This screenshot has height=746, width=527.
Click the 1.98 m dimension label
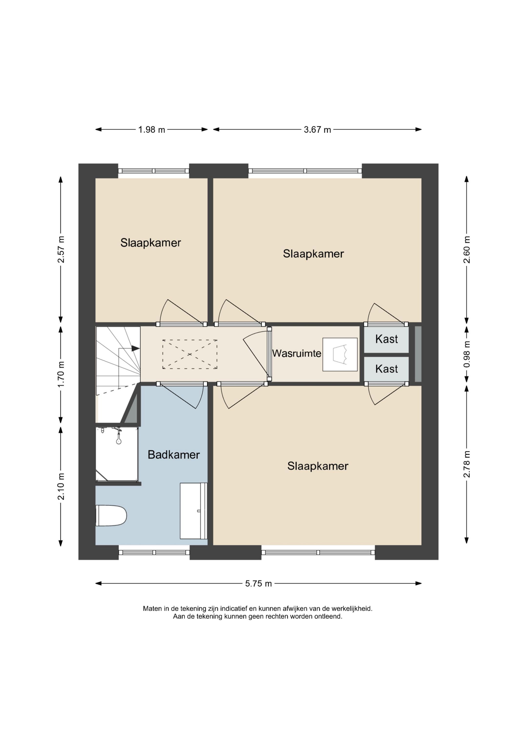pos(152,130)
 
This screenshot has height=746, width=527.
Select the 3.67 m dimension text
pos(317,130)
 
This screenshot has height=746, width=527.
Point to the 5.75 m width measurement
pos(258,584)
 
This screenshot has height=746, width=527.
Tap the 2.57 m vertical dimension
pos(61,249)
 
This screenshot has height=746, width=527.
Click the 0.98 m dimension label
pos(466,354)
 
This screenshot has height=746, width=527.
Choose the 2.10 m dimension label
pos(61,487)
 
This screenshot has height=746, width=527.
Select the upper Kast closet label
pos(386,339)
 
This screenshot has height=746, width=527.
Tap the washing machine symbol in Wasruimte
pos(340,355)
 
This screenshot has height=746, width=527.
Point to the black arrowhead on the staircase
pos(136,349)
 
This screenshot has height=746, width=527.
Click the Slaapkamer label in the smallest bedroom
pos(151,243)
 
